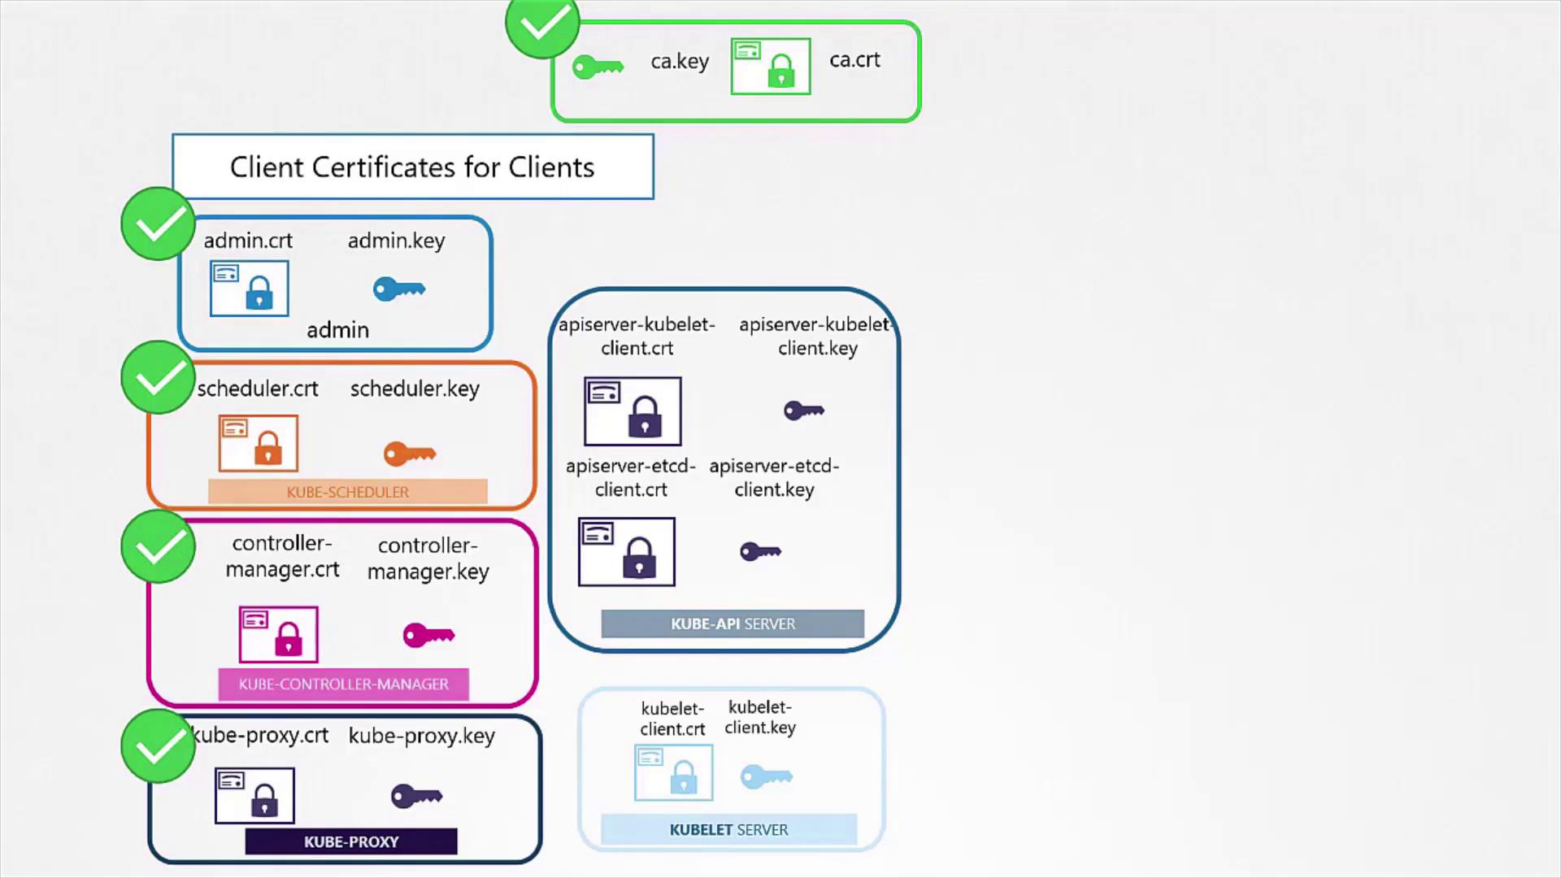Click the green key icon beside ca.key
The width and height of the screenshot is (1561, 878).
pyautogui.click(x=598, y=67)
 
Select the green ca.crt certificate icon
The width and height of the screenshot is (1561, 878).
pyautogui.click(x=770, y=66)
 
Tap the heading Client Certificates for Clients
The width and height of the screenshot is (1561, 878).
pyautogui.click(x=412, y=167)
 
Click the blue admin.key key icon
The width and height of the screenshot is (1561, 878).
pyautogui.click(x=398, y=289)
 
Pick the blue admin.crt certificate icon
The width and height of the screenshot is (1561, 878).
pyautogui.click(x=249, y=288)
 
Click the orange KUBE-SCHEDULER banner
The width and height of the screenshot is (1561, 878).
pyautogui.click(x=347, y=492)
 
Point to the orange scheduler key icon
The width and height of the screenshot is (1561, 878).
pyautogui.click(x=409, y=454)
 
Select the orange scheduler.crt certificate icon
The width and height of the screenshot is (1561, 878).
pyautogui.click(x=258, y=443)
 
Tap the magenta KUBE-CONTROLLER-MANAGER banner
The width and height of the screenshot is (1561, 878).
pyautogui.click(x=343, y=684)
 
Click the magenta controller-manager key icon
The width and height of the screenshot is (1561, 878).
pyautogui.click(x=428, y=635)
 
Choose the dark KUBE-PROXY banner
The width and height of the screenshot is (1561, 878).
pyautogui.click(x=351, y=841)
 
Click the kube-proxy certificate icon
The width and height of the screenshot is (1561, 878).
pyautogui.click(x=254, y=795)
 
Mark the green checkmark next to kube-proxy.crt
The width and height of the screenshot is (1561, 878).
pyautogui.click(x=158, y=745)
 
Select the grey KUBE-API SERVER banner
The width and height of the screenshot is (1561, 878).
pyautogui.click(x=733, y=624)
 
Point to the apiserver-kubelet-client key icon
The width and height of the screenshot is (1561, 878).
pyautogui.click(x=803, y=411)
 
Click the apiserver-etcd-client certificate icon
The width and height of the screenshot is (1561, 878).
pyautogui.click(x=626, y=551)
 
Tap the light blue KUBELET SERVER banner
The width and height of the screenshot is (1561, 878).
pyautogui.click(x=728, y=829)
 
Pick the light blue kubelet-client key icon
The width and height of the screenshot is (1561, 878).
pyautogui.click(x=766, y=776)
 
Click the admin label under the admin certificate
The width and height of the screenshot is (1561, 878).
pyautogui.click(x=337, y=330)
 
